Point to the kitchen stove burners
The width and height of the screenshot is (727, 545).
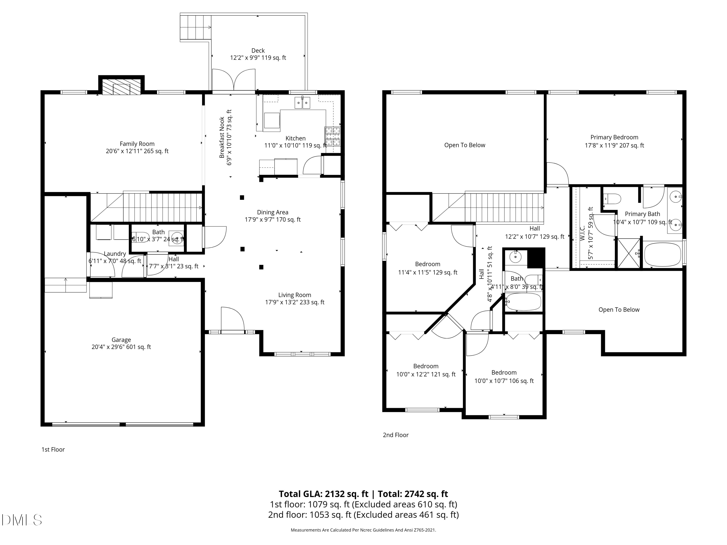point(333,136)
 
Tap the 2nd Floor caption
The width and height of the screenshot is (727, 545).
point(396,435)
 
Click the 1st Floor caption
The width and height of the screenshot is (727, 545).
point(53,449)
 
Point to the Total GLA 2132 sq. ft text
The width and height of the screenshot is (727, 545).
point(324,494)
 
